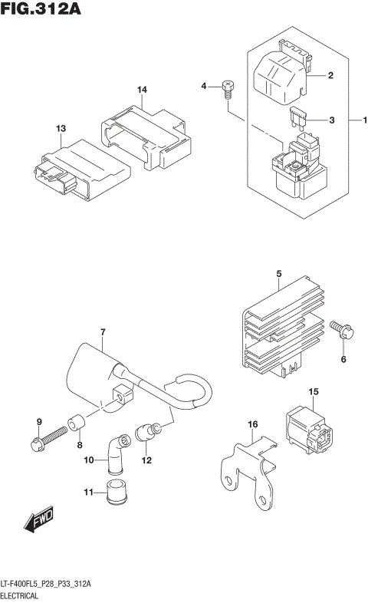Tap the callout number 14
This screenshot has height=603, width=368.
(x=142, y=91)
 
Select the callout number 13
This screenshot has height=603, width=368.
(x=61, y=129)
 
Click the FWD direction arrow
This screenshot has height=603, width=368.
(x=37, y=523)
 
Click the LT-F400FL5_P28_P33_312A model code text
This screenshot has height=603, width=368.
(x=46, y=584)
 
